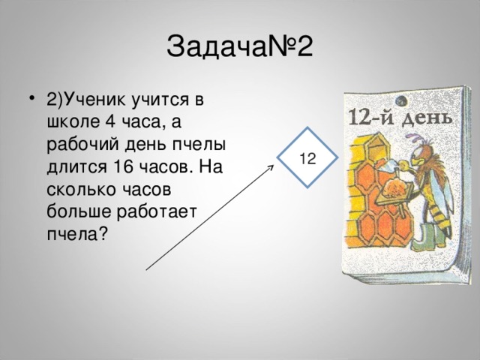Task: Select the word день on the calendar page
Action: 430,117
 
